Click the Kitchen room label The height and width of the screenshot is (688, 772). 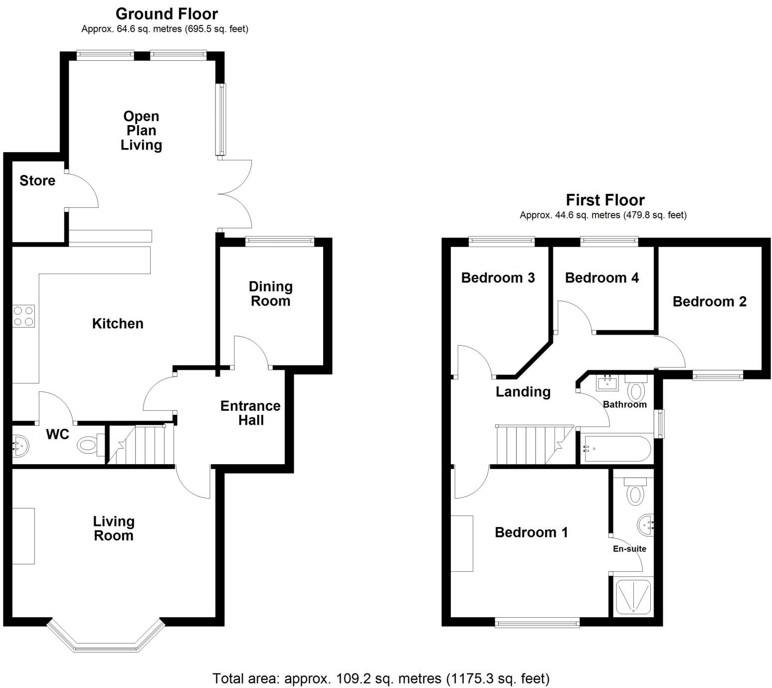tap(118, 324)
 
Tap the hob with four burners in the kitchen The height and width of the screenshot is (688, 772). tap(23, 316)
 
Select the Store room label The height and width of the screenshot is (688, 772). tap(37, 180)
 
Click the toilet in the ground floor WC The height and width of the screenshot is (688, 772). tap(89, 444)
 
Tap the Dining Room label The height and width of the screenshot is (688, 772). tap(270, 294)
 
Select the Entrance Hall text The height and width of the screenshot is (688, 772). tap(250, 413)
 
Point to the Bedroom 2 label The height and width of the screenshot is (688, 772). tap(709, 302)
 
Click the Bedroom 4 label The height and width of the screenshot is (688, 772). tap(601, 278)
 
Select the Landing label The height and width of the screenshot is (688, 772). tap(523, 392)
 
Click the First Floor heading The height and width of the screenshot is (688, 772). tap(605, 200)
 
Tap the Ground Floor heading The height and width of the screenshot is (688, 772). tap(167, 13)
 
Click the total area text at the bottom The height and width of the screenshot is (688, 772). tap(381, 678)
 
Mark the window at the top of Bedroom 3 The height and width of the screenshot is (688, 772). tap(501, 242)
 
